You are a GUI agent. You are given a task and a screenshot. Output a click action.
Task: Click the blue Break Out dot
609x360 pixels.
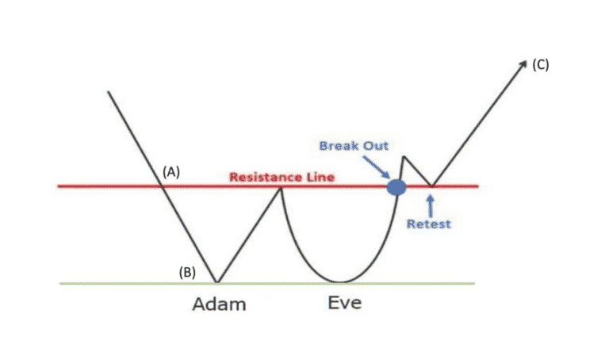click(396, 187)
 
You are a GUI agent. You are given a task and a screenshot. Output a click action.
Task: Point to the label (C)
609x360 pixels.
click(540, 65)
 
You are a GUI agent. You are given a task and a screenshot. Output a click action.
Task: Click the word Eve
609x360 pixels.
click(345, 302)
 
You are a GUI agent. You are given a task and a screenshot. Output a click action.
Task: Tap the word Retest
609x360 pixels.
click(428, 224)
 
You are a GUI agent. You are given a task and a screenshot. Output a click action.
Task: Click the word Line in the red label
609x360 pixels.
click(319, 177)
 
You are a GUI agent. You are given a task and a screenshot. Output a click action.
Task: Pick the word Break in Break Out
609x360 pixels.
click(337, 146)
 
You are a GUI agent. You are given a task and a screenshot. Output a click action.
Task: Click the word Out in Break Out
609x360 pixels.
click(373, 146)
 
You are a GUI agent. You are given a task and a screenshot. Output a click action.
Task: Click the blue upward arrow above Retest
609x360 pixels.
click(429, 204)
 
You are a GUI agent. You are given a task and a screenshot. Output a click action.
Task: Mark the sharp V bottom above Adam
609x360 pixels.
click(216, 281)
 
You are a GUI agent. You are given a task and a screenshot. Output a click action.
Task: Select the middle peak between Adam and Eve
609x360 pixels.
click(281, 187)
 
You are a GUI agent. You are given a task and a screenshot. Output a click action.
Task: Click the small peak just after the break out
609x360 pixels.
click(404, 157)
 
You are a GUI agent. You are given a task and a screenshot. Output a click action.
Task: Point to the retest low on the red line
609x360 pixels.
click(431, 186)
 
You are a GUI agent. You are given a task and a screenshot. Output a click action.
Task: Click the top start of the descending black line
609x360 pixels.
click(109, 92)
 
